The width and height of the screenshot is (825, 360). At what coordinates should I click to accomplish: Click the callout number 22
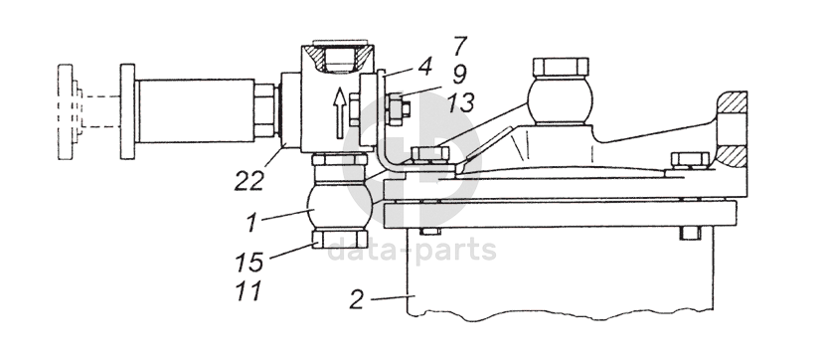click(248, 181)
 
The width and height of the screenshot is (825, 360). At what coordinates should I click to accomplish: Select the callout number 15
click(248, 262)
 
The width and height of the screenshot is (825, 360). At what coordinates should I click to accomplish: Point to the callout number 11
click(248, 290)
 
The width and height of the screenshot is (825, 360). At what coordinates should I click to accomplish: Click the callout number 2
click(357, 299)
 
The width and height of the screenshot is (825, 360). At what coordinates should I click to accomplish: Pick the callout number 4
click(424, 67)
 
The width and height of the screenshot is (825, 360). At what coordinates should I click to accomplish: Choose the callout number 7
click(459, 46)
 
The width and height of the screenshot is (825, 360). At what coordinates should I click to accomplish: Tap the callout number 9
click(459, 75)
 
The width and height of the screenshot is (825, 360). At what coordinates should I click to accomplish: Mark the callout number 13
click(461, 102)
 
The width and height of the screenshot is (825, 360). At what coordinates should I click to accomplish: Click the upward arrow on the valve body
click(340, 112)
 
